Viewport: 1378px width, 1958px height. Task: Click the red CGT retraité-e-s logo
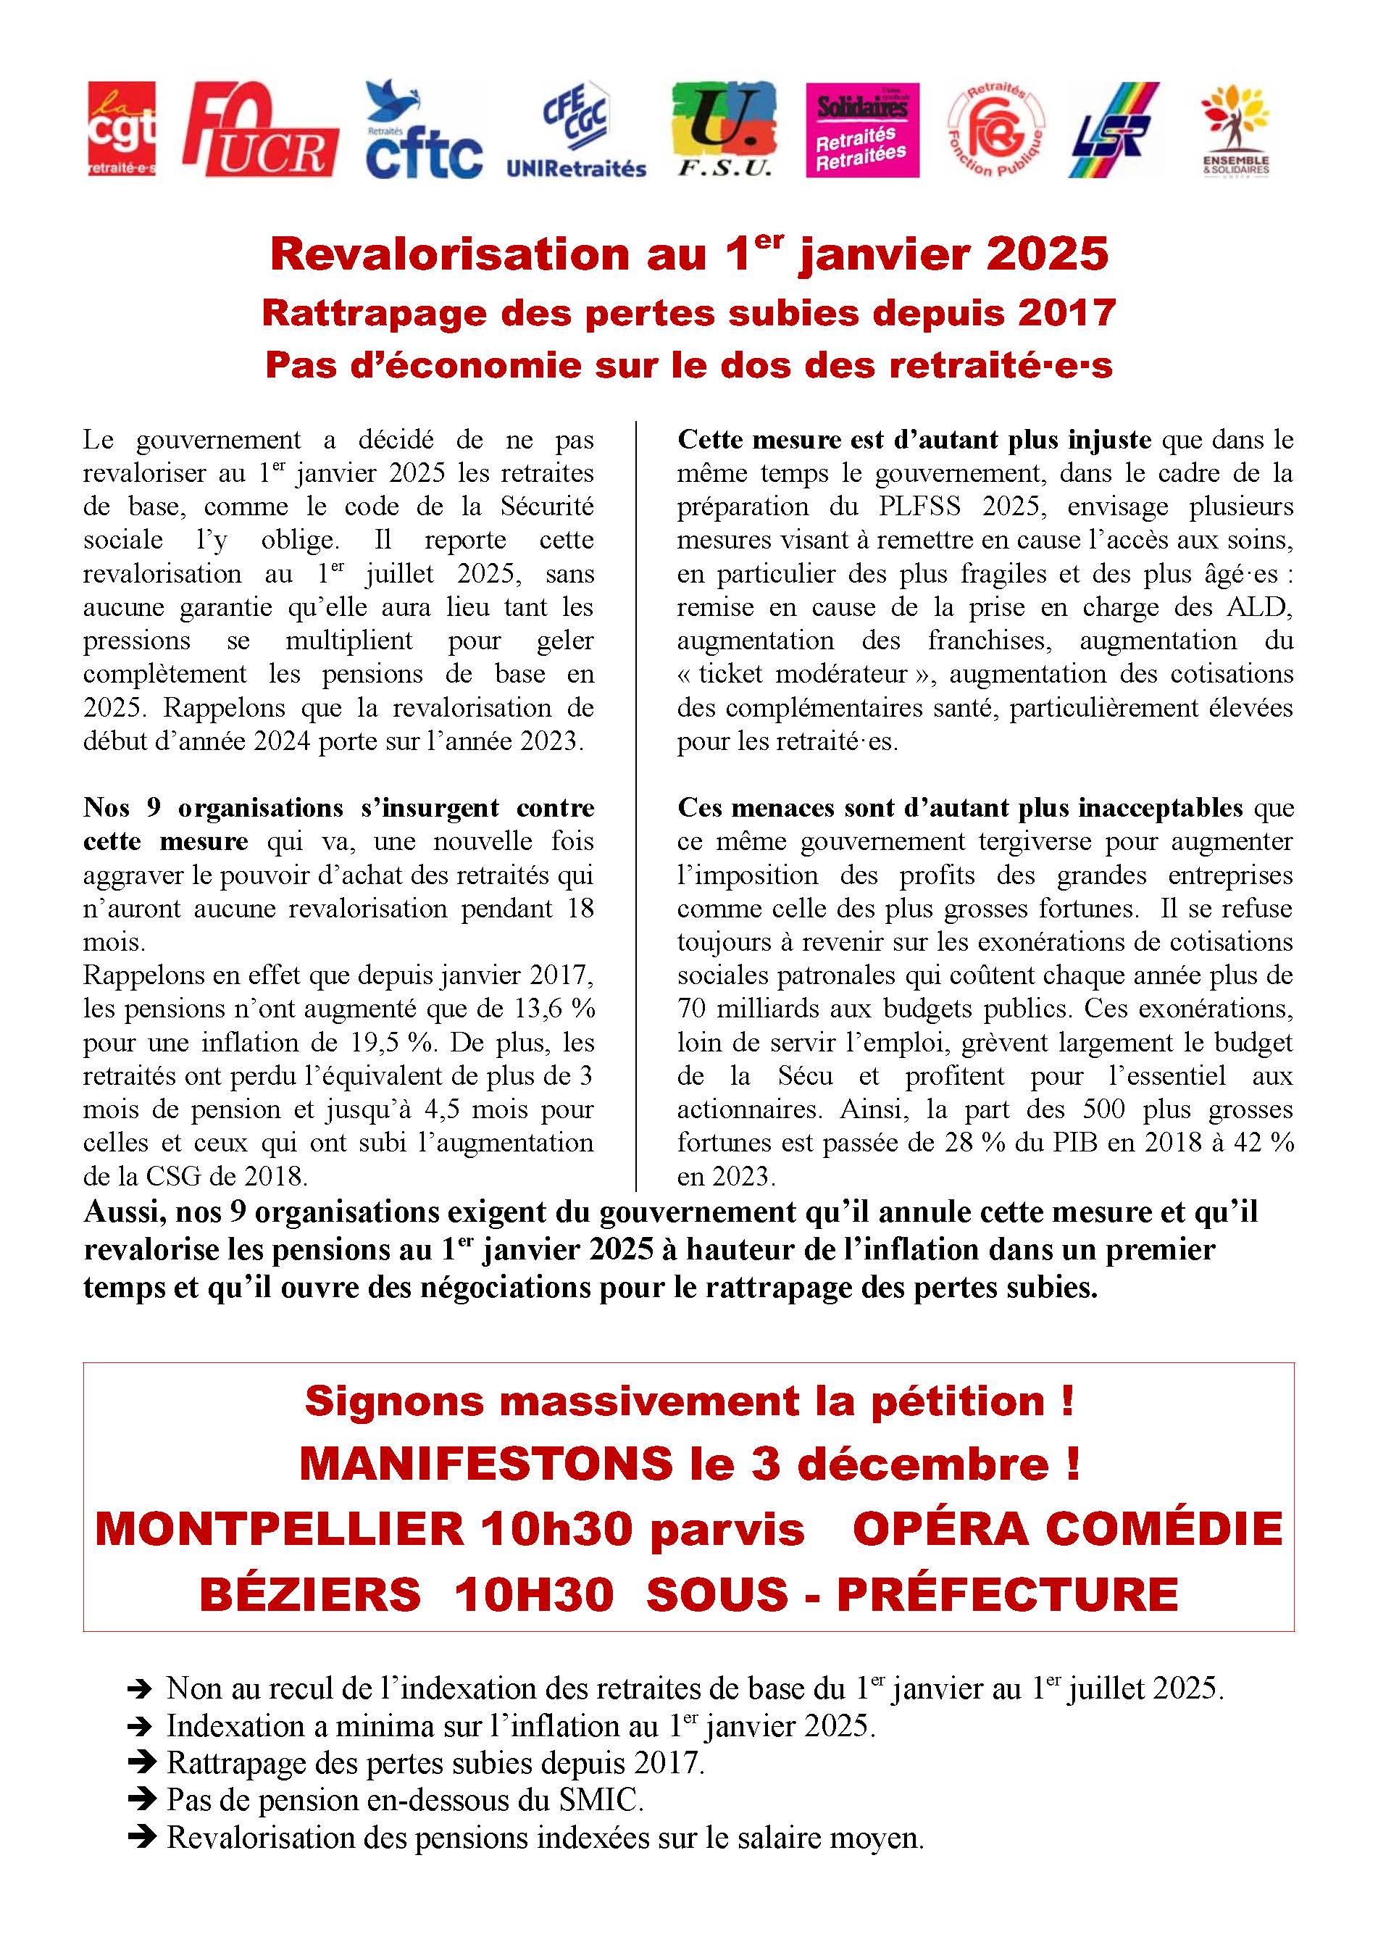tap(122, 129)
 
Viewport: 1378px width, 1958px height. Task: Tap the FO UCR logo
tap(260, 130)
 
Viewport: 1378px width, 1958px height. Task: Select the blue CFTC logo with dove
tap(424, 130)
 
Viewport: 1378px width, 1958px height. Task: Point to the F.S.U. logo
tap(724, 130)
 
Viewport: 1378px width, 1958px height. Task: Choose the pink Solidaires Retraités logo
tap(862, 130)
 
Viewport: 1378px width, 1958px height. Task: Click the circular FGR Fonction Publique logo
tap(996, 130)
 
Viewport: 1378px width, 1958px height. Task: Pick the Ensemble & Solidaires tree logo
tap(1235, 130)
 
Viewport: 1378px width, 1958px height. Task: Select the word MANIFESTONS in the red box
tap(486, 1465)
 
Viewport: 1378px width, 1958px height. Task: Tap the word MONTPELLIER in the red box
tap(279, 1528)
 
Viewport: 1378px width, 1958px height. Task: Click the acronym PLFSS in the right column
tap(919, 507)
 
